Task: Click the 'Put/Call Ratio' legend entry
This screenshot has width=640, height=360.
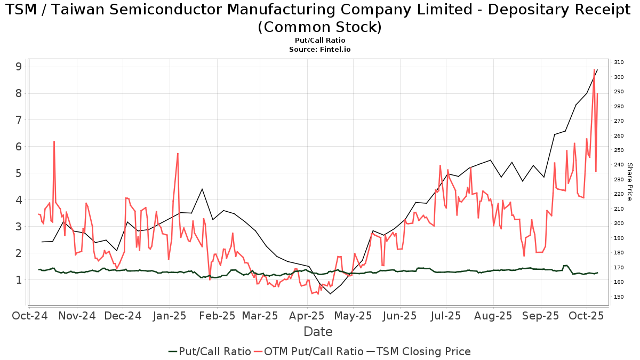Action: tap(214, 351)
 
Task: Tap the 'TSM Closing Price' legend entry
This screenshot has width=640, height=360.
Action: tap(423, 351)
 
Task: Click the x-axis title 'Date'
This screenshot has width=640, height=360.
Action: tap(318, 332)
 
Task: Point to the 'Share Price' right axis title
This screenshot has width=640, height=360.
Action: tap(629, 182)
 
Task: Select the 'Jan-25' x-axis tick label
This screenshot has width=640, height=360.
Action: tap(170, 316)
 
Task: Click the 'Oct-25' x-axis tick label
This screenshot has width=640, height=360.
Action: tap(587, 316)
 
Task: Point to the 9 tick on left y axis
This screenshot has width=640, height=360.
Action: tap(19, 67)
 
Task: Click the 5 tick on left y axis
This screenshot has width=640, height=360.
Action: tap(19, 173)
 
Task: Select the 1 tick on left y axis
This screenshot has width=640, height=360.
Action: tap(19, 280)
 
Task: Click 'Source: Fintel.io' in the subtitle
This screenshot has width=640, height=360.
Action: tap(319, 49)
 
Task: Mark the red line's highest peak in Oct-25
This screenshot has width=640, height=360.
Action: tap(594, 69)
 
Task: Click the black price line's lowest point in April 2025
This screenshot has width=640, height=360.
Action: tap(330, 294)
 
